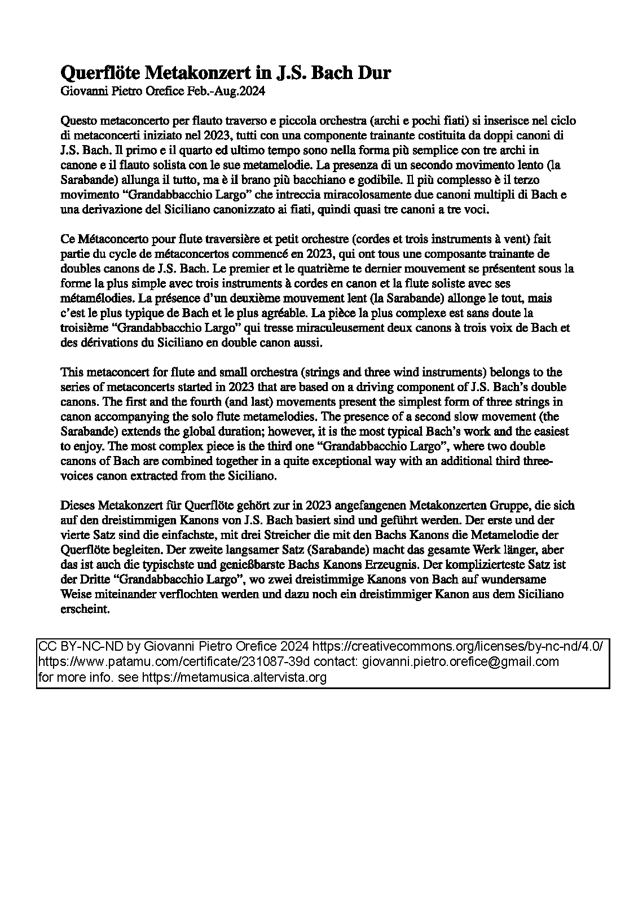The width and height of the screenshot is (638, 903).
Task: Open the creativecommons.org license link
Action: tap(457, 646)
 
